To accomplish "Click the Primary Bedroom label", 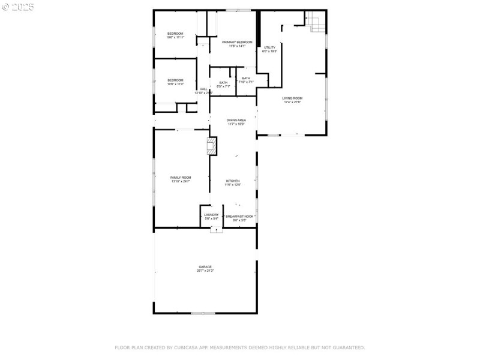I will [x=233, y=42].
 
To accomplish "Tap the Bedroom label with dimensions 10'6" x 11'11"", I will [x=175, y=33].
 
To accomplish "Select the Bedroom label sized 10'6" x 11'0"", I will [x=175, y=80].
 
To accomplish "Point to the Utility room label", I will [x=269, y=47].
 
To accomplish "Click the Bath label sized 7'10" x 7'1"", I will [x=246, y=78].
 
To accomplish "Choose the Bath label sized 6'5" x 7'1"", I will [x=223, y=83].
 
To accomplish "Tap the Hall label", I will [x=203, y=89].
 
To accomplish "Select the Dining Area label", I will [x=236, y=120].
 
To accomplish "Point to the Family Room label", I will [x=181, y=178].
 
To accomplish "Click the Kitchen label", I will [x=233, y=181].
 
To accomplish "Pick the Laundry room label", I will [x=211, y=215].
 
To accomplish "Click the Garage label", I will [x=205, y=266].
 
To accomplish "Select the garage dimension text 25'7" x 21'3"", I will [x=205, y=271].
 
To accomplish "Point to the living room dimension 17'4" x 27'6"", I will [x=292, y=102].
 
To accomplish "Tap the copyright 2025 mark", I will [x=18, y=7].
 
